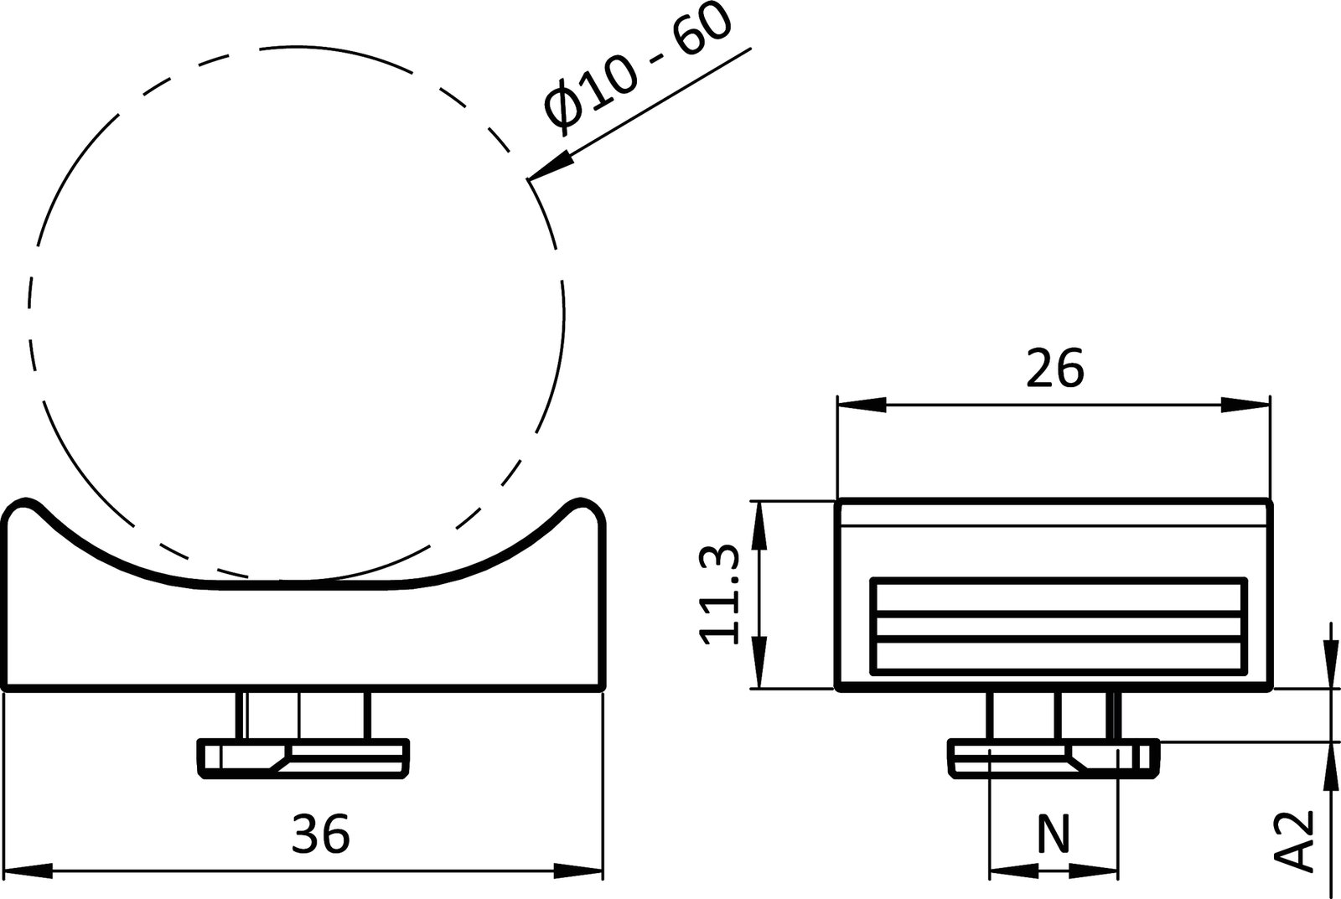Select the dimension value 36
(x=320, y=834)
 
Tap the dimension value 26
(x=1054, y=368)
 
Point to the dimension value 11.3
(x=720, y=594)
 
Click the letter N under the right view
(x=1054, y=834)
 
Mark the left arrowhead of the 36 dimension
(x=29, y=871)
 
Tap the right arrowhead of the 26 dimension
(x=1246, y=405)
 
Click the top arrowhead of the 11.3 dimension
(x=759, y=524)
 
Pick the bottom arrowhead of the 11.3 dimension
(x=759, y=664)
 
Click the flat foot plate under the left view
(x=303, y=758)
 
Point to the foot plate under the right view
(x=1054, y=758)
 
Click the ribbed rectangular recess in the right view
(x=1058, y=626)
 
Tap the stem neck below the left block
(x=303, y=715)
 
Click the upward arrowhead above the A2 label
(x=1330, y=767)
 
